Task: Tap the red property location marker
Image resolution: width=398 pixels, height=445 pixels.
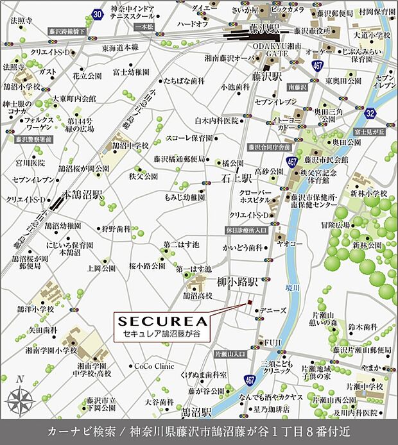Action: point(251,303)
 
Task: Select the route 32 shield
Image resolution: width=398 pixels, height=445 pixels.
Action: point(388,113)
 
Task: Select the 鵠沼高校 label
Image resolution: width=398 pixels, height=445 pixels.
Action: point(198,296)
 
